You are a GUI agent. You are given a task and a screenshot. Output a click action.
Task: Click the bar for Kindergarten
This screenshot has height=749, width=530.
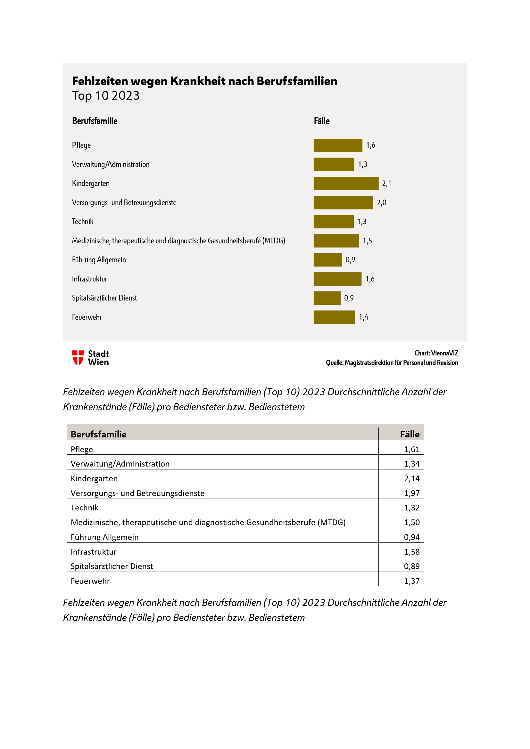point(346,183)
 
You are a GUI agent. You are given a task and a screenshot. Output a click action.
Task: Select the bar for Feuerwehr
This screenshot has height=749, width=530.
point(334,317)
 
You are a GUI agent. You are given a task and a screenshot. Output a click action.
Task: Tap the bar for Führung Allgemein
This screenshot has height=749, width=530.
point(328,260)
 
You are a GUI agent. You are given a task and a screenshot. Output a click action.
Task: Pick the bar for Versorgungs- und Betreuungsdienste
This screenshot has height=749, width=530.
point(343,203)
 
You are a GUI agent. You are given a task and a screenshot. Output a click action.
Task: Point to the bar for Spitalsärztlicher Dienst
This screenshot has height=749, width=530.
point(327,298)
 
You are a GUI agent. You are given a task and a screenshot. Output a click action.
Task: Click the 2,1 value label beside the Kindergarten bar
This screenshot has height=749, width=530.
point(386,184)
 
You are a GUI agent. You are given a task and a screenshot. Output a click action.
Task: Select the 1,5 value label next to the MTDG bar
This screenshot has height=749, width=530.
point(367,241)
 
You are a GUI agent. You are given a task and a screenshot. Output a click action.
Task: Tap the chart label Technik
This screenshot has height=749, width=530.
point(83,222)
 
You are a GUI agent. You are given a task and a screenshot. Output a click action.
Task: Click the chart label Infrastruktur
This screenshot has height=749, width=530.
point(89,279)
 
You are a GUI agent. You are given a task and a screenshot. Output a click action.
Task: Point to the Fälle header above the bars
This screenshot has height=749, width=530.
point(321,121)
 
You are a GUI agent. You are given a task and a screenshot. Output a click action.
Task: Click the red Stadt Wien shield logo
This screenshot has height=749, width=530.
point(78,358)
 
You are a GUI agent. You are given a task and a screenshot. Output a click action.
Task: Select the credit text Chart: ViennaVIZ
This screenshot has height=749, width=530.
point(436,353)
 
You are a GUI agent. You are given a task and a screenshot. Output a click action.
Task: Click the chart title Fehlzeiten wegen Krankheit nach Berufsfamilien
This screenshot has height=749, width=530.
point(205,81)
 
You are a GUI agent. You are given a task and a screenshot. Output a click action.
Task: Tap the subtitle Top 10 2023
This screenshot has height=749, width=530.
point(106,95)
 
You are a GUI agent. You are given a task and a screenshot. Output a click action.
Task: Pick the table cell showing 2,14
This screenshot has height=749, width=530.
point(411,478)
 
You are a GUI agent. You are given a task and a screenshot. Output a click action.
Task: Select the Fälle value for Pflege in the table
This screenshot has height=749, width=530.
point(411,449)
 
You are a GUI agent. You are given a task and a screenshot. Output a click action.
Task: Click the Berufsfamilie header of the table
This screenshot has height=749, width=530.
point(99,434)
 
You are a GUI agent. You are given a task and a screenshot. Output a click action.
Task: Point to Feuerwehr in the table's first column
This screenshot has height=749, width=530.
point(90,581)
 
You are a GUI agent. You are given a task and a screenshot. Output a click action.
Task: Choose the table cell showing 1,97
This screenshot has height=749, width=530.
point(411,493)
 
